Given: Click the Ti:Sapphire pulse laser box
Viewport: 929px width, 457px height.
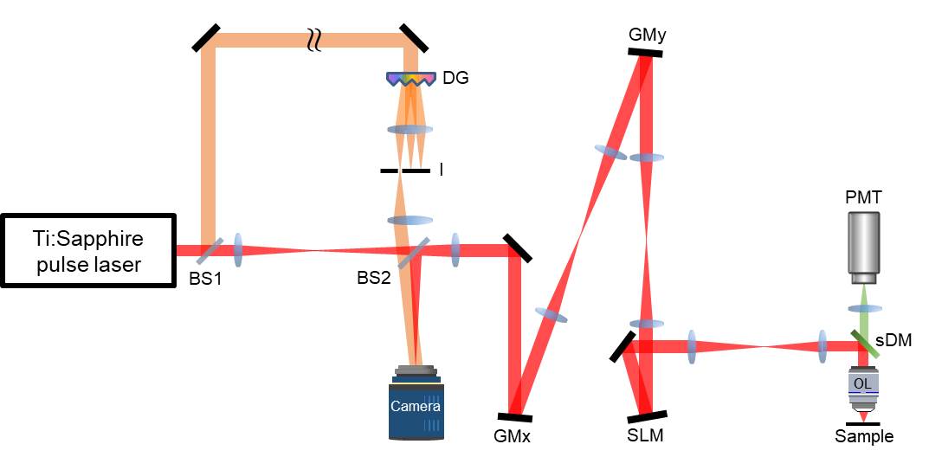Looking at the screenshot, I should (x=89, y=249).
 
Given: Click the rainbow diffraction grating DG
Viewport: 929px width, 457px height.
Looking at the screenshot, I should (x=410, y=79).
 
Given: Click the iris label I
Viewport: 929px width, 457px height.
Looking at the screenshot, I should (x=442, y=171).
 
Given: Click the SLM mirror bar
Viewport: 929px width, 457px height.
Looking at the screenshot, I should (x=648, y=415).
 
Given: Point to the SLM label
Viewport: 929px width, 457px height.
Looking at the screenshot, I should (x=646, y=436).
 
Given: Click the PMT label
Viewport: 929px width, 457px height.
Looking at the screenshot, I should (x=863, y=198).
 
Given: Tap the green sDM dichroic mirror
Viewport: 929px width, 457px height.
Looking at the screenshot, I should (x=864, y=344).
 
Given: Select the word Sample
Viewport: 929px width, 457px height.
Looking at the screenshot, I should (x=863, y=437).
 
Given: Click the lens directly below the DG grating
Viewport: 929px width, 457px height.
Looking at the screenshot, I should (x=410, y=130).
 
